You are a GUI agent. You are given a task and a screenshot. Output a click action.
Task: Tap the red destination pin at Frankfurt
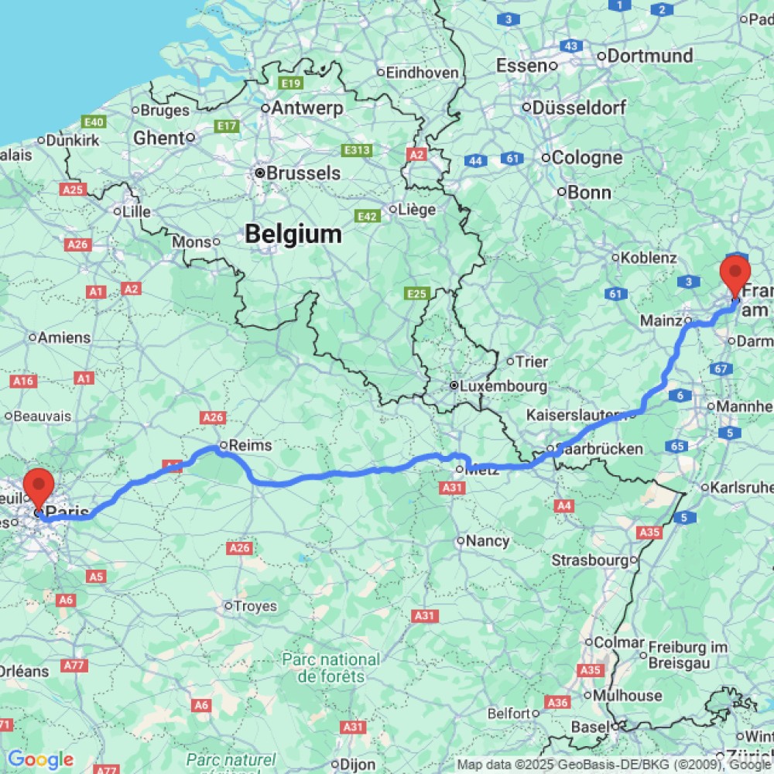click(x=735, y=275)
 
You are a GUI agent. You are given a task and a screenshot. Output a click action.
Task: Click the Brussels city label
click(x=303, y=173)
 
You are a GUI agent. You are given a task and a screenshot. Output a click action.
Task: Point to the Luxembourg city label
click(x=502, y=385)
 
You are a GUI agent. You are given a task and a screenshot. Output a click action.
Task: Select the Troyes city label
click(x=255, y=606)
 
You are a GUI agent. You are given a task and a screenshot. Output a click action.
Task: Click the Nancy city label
click(x=488, y=541)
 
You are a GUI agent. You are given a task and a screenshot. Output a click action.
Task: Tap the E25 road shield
click(x=416, y=293)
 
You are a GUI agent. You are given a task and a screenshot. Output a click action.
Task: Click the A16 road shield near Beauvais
click(x=24, y=381)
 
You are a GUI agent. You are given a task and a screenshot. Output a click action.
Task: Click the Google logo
click(x=39, y=760)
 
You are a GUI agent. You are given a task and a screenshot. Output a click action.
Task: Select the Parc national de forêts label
click(x=330, y=668)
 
